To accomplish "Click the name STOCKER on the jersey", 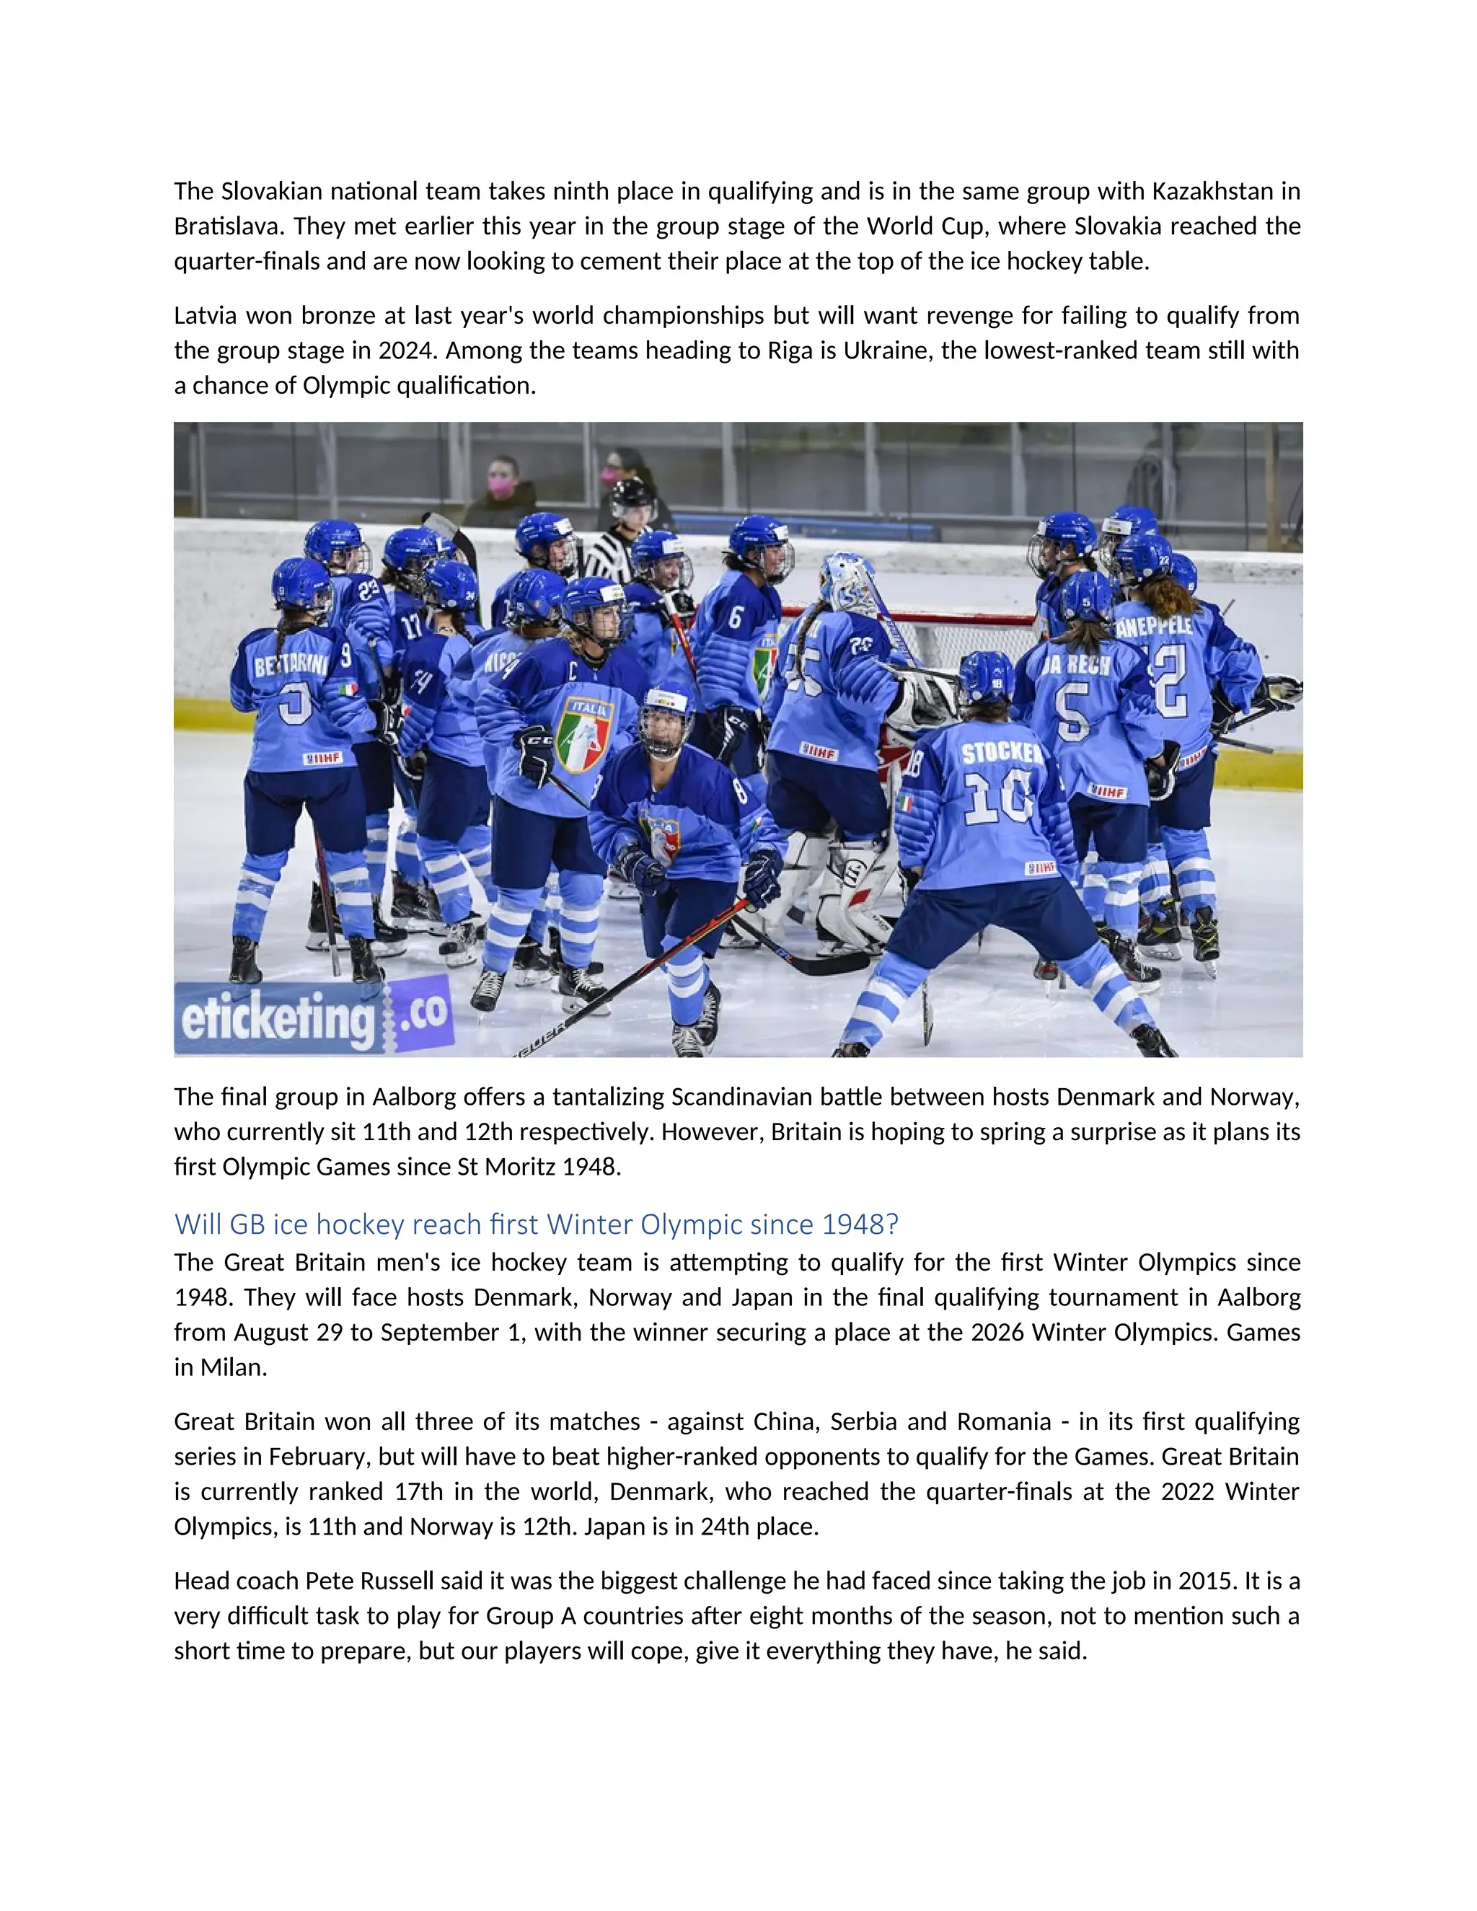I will [1002, 752].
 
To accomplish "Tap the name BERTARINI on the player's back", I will [291, 665].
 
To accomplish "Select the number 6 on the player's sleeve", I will [735, 617].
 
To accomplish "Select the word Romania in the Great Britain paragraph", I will [1004, 1421].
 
